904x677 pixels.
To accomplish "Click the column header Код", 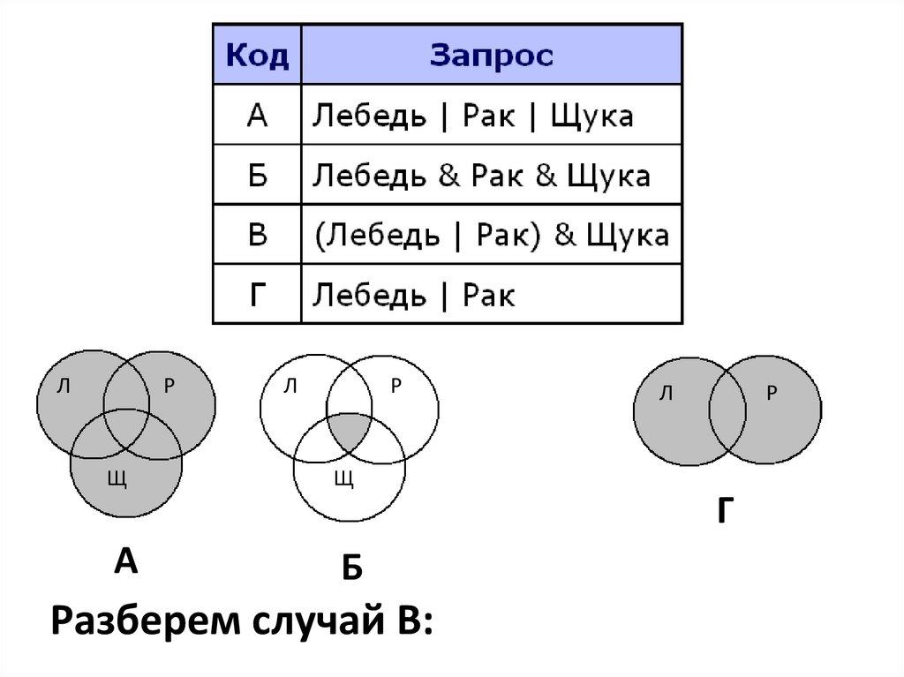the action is [x=257, y=56].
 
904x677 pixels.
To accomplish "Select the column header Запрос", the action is [x=492, y=56].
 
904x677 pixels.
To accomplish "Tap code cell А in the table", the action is [x=257, y=116].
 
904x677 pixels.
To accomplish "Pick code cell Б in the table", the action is [x=257, y=175].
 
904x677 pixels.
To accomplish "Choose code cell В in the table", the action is [x=257, y=235].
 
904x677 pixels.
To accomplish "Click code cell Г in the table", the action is [x=257, y=294].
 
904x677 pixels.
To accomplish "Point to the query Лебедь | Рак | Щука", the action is [x=469, y=116].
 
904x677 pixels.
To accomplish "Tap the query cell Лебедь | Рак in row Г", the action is [x=414, y=294].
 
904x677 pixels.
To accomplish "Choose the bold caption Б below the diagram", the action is [x=352, y=568].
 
